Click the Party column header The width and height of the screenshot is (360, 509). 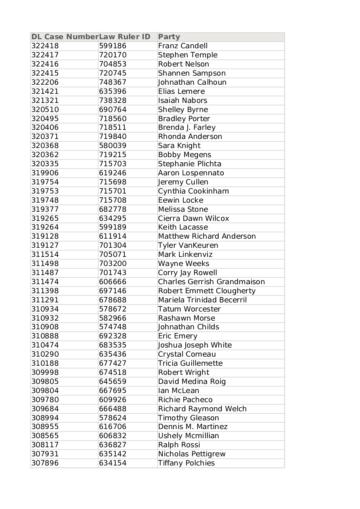169,37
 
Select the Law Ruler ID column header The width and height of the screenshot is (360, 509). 125,37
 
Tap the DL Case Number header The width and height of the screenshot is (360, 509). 65,37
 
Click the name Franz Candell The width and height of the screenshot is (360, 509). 183,46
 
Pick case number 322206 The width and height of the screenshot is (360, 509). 45,82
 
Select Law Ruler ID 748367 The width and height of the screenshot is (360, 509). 112,82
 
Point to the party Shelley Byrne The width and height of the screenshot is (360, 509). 183,110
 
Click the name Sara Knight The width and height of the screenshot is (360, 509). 179,146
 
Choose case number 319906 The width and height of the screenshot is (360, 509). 45,173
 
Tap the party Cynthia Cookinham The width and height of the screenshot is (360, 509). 193,191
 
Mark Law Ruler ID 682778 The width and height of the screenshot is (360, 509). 112,209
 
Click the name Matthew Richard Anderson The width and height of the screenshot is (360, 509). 207,236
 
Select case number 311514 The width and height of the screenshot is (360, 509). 45,255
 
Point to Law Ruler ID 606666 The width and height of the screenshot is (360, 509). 112,282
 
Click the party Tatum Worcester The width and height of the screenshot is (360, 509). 189,309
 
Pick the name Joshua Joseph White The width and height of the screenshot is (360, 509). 195,345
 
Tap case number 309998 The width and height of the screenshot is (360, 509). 45,372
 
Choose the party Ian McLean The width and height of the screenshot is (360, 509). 179,391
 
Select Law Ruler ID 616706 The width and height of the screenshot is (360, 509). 112,427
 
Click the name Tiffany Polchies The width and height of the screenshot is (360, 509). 186,463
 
